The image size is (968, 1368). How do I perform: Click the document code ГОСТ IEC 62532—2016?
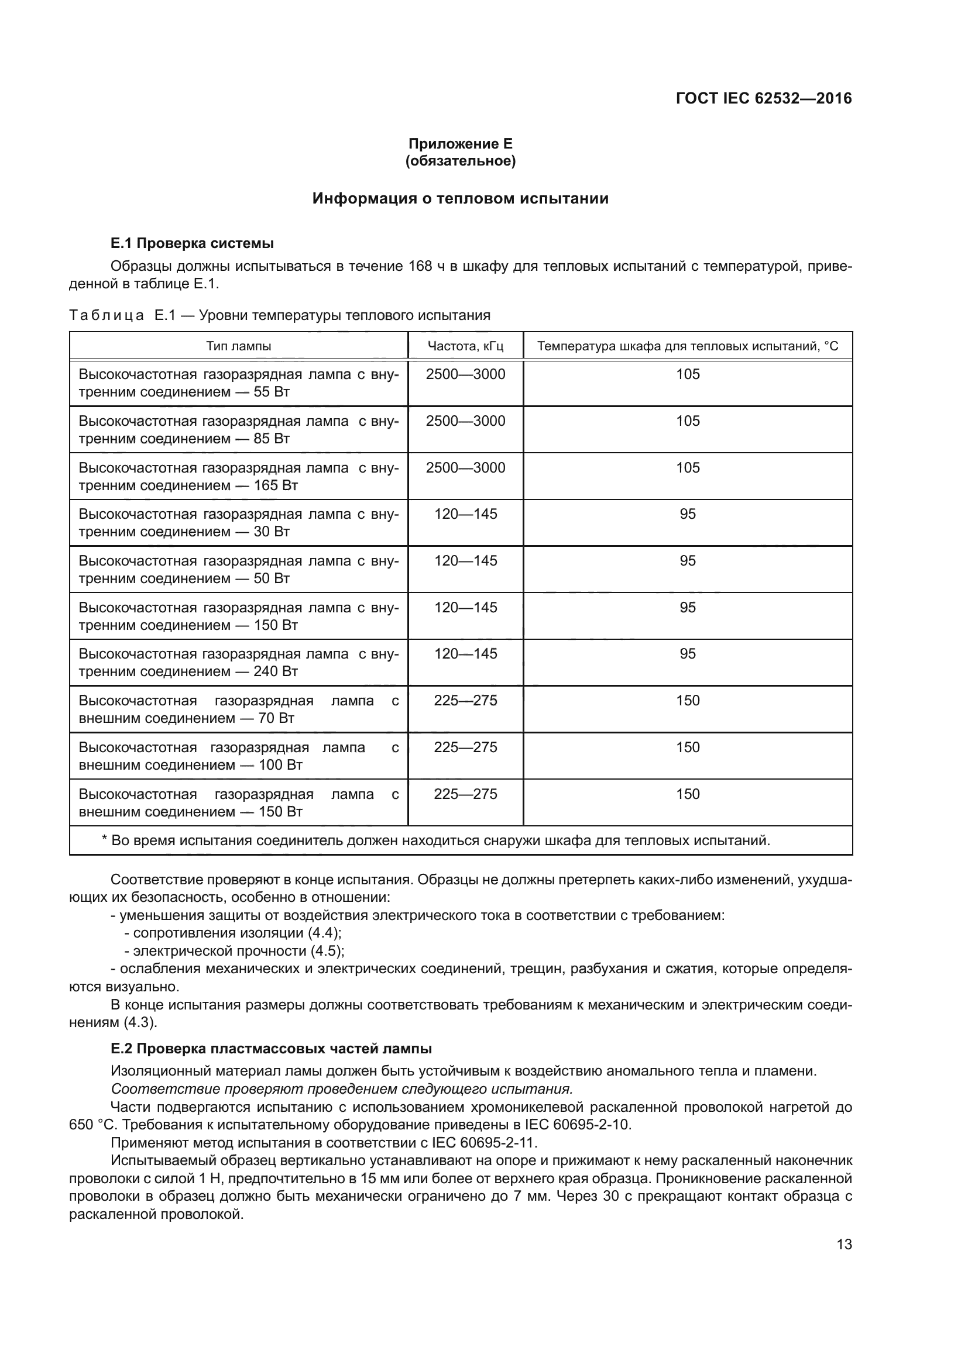764,98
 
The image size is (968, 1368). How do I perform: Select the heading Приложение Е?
460,144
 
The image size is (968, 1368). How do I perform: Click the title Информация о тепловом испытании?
460,198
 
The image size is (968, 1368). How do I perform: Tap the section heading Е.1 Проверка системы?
192,243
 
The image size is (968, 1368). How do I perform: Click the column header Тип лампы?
238,346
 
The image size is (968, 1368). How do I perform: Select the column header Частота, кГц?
465,346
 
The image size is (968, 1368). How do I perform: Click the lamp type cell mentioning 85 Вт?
238,430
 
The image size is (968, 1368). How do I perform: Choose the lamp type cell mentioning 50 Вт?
238,570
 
